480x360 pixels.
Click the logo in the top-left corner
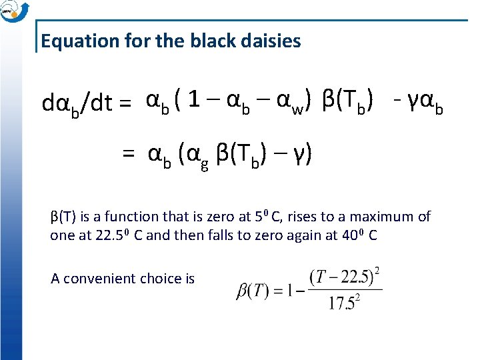click(12, 11)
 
